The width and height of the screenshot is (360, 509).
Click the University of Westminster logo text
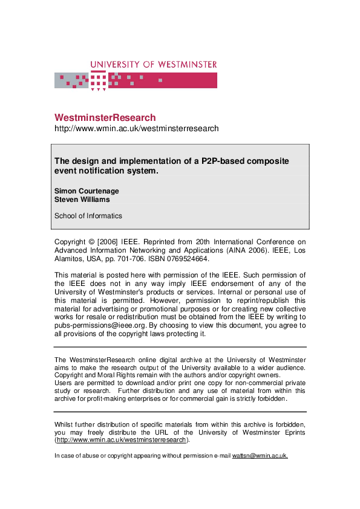click(x=153, y=65)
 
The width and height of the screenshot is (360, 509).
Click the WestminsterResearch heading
click(x=105, y=117)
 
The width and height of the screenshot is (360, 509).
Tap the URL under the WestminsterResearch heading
click(x=136, y=129)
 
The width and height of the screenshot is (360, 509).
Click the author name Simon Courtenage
click(x=87, y=191)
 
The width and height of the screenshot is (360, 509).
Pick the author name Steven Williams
click(x=82, y=199)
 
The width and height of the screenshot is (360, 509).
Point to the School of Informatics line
click(x=88, y=216)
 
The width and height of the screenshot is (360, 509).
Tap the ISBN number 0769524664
click(x=189, y=259)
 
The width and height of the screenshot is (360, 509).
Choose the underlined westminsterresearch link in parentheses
click(x=121, y=440)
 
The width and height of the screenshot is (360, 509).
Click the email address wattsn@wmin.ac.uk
click(x=260, y=456)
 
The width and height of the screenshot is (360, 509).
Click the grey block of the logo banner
click(x=71, y=80)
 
